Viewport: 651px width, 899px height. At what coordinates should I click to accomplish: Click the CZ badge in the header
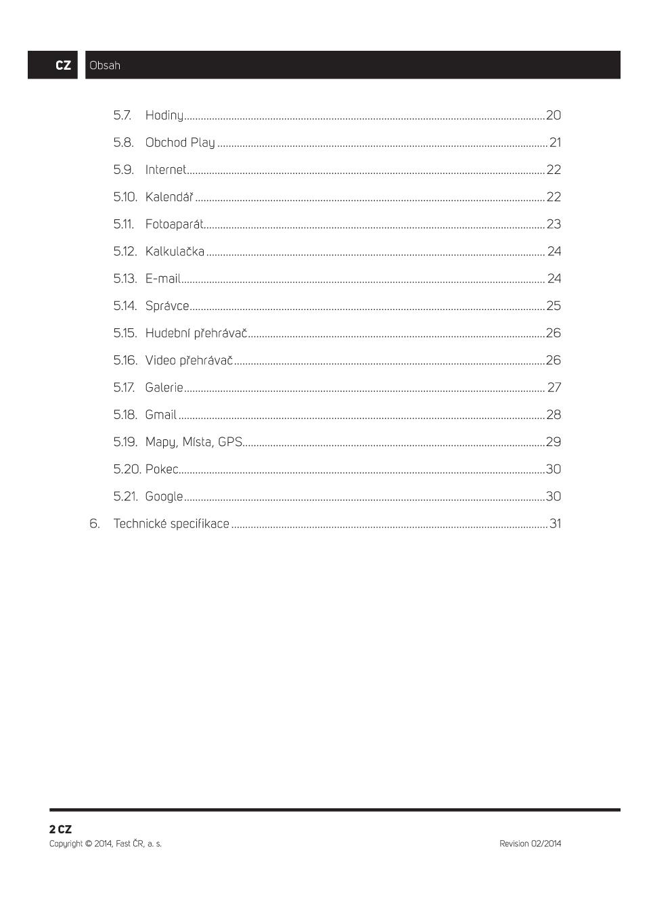(x=63, y=66)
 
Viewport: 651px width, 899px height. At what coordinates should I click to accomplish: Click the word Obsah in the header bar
(x=105, y=66)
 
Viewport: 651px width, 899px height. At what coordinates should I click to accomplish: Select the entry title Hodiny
(x=164, y=116)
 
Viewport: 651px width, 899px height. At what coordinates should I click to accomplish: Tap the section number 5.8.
(x=123, y=143)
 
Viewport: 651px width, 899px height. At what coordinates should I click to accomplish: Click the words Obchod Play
(x=180, y=143)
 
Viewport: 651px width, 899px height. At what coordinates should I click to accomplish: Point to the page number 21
(x=555, y=143)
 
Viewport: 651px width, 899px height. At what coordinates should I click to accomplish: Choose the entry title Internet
(x=165, y=170)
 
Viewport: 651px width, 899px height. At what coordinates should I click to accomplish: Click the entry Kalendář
(x=169, y=197)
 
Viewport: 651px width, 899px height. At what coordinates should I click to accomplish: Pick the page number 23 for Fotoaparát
(x=554, y=224)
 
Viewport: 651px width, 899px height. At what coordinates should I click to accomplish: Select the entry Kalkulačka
(x=175, y=251)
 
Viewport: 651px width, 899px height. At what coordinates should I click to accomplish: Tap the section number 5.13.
(x=125, y=279)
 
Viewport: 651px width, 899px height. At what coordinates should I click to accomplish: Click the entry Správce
(x=167, y=306)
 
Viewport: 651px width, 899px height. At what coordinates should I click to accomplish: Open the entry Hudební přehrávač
(x=196, y=333)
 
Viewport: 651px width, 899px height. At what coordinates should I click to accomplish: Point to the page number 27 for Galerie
(x=554, y=387)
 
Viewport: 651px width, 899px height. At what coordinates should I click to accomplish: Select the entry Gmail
(x=160, y=415)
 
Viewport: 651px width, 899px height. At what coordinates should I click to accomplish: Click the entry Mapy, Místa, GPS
(x=194, y=442)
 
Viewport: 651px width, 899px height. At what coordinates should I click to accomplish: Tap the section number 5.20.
(x=127, y=469)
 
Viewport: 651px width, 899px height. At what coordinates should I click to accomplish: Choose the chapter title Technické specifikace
(x=171, y=524)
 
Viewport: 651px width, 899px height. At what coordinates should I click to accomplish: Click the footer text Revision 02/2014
(x=530, y=843)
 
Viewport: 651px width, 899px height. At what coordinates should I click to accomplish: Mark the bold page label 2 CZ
(x=60, y=829)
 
